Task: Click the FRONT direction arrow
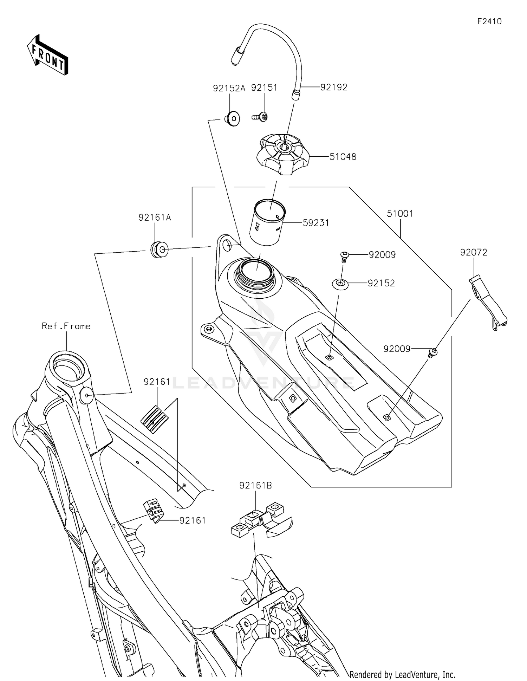[x=47, y=56]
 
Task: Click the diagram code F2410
[x=489, y=21]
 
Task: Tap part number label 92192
[x=334, y=87]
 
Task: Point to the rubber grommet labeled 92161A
[x=159, y=250]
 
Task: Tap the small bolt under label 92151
[x=260, y=117]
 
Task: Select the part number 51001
[x=400, y=213]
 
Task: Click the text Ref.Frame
[x=66, y=326]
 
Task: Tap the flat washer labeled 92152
[x=340, y=284]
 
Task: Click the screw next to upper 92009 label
[x=344, y=257]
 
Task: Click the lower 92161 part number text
[x=193, y=520]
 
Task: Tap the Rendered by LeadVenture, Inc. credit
[x=402, y=674]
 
